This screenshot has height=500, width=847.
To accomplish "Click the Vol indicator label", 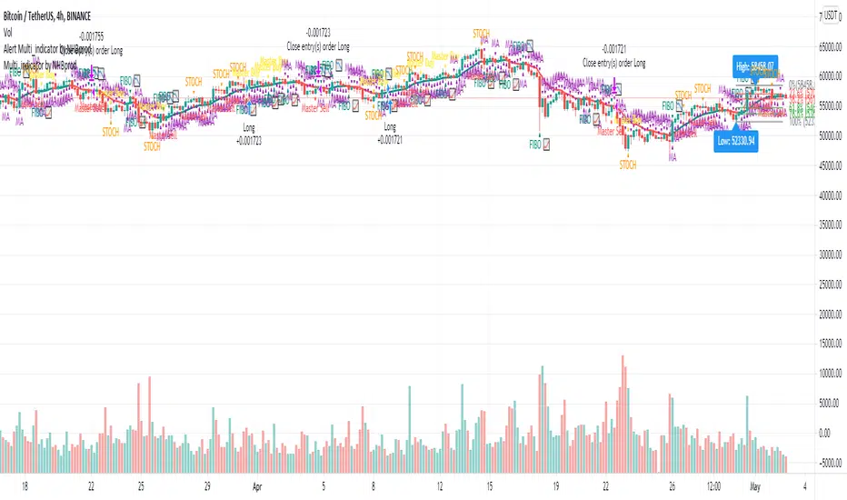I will coord(9,30).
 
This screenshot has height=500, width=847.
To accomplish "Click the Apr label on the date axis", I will coord(257,486).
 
